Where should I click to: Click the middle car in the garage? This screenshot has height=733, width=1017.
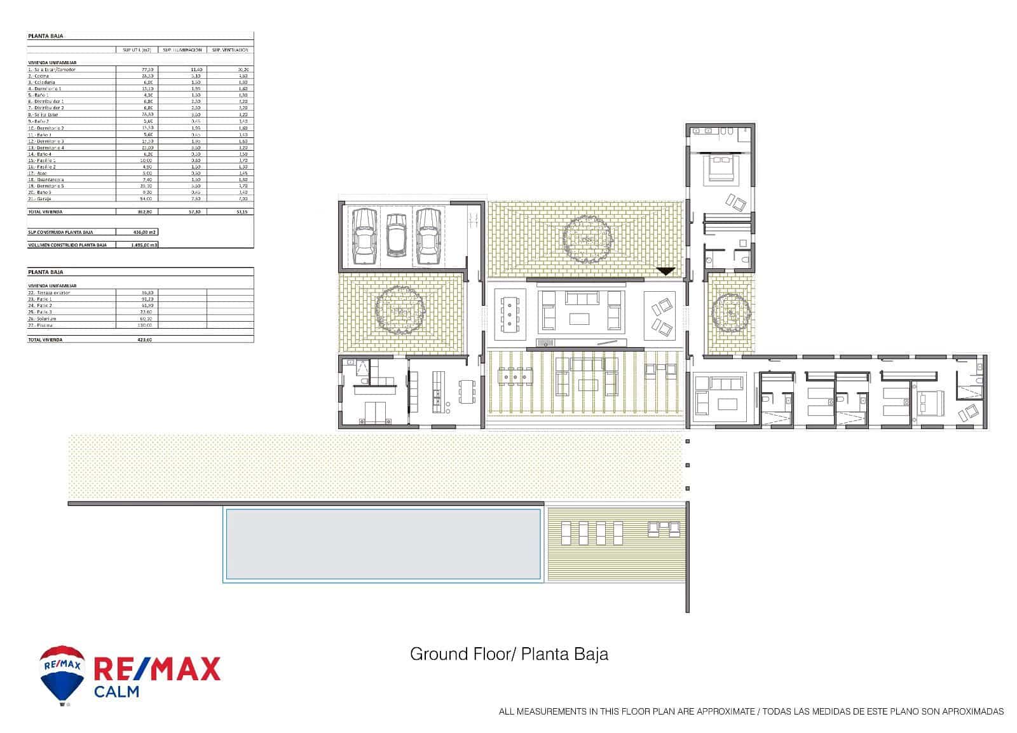click(396, 235)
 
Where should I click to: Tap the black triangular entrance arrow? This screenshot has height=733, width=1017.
click(665, 271)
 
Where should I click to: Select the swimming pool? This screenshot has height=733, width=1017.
click(383, 544)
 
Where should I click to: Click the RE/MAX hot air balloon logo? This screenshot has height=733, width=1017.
click(62, 676)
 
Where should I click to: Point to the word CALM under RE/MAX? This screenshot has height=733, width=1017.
click(116, 691)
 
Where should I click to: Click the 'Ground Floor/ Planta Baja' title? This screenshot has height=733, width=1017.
click(508, 654)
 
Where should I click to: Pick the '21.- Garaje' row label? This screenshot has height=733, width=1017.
click(39, 199)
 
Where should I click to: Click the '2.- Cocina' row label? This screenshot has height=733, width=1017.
click(38, 76)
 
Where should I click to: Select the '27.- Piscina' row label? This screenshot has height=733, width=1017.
click(39, 325)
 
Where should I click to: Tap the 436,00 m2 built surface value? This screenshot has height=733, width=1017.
click(144, 232)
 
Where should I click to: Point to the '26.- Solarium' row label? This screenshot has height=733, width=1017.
click(41, 319)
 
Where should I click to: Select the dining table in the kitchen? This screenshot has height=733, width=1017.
click(467, 392)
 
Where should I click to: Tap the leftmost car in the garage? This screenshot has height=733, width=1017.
click(364, 236)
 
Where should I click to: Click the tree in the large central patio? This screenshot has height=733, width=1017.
click(587, 238)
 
